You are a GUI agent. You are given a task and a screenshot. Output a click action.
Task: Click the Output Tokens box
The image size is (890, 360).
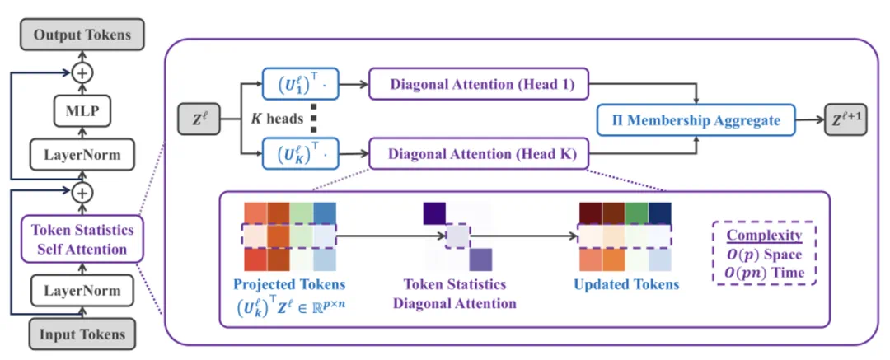point(81,35)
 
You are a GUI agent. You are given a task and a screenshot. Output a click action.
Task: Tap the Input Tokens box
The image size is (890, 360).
point(81,334)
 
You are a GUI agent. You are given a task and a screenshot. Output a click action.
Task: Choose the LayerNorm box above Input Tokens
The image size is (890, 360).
point(81,290)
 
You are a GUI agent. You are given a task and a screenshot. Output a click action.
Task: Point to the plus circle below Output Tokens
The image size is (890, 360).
point(81,73)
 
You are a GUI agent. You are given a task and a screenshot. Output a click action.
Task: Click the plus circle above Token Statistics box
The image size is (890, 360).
point(81,194)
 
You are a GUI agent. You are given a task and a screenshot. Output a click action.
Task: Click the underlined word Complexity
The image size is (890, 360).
point(764,236)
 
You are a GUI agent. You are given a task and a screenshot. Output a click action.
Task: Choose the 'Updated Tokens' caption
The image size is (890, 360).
point(626,284)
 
